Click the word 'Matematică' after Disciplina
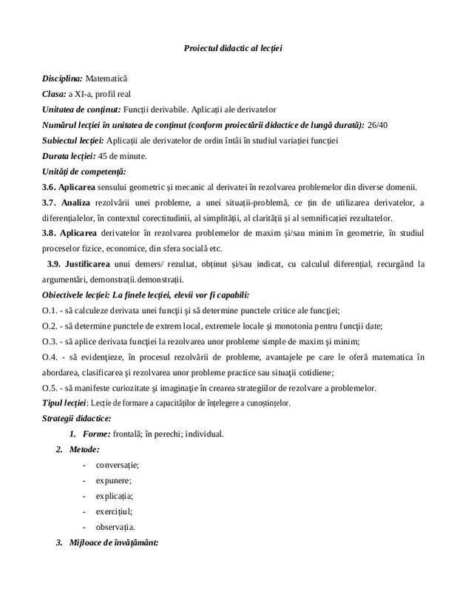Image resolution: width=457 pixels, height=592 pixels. (107, 78)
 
